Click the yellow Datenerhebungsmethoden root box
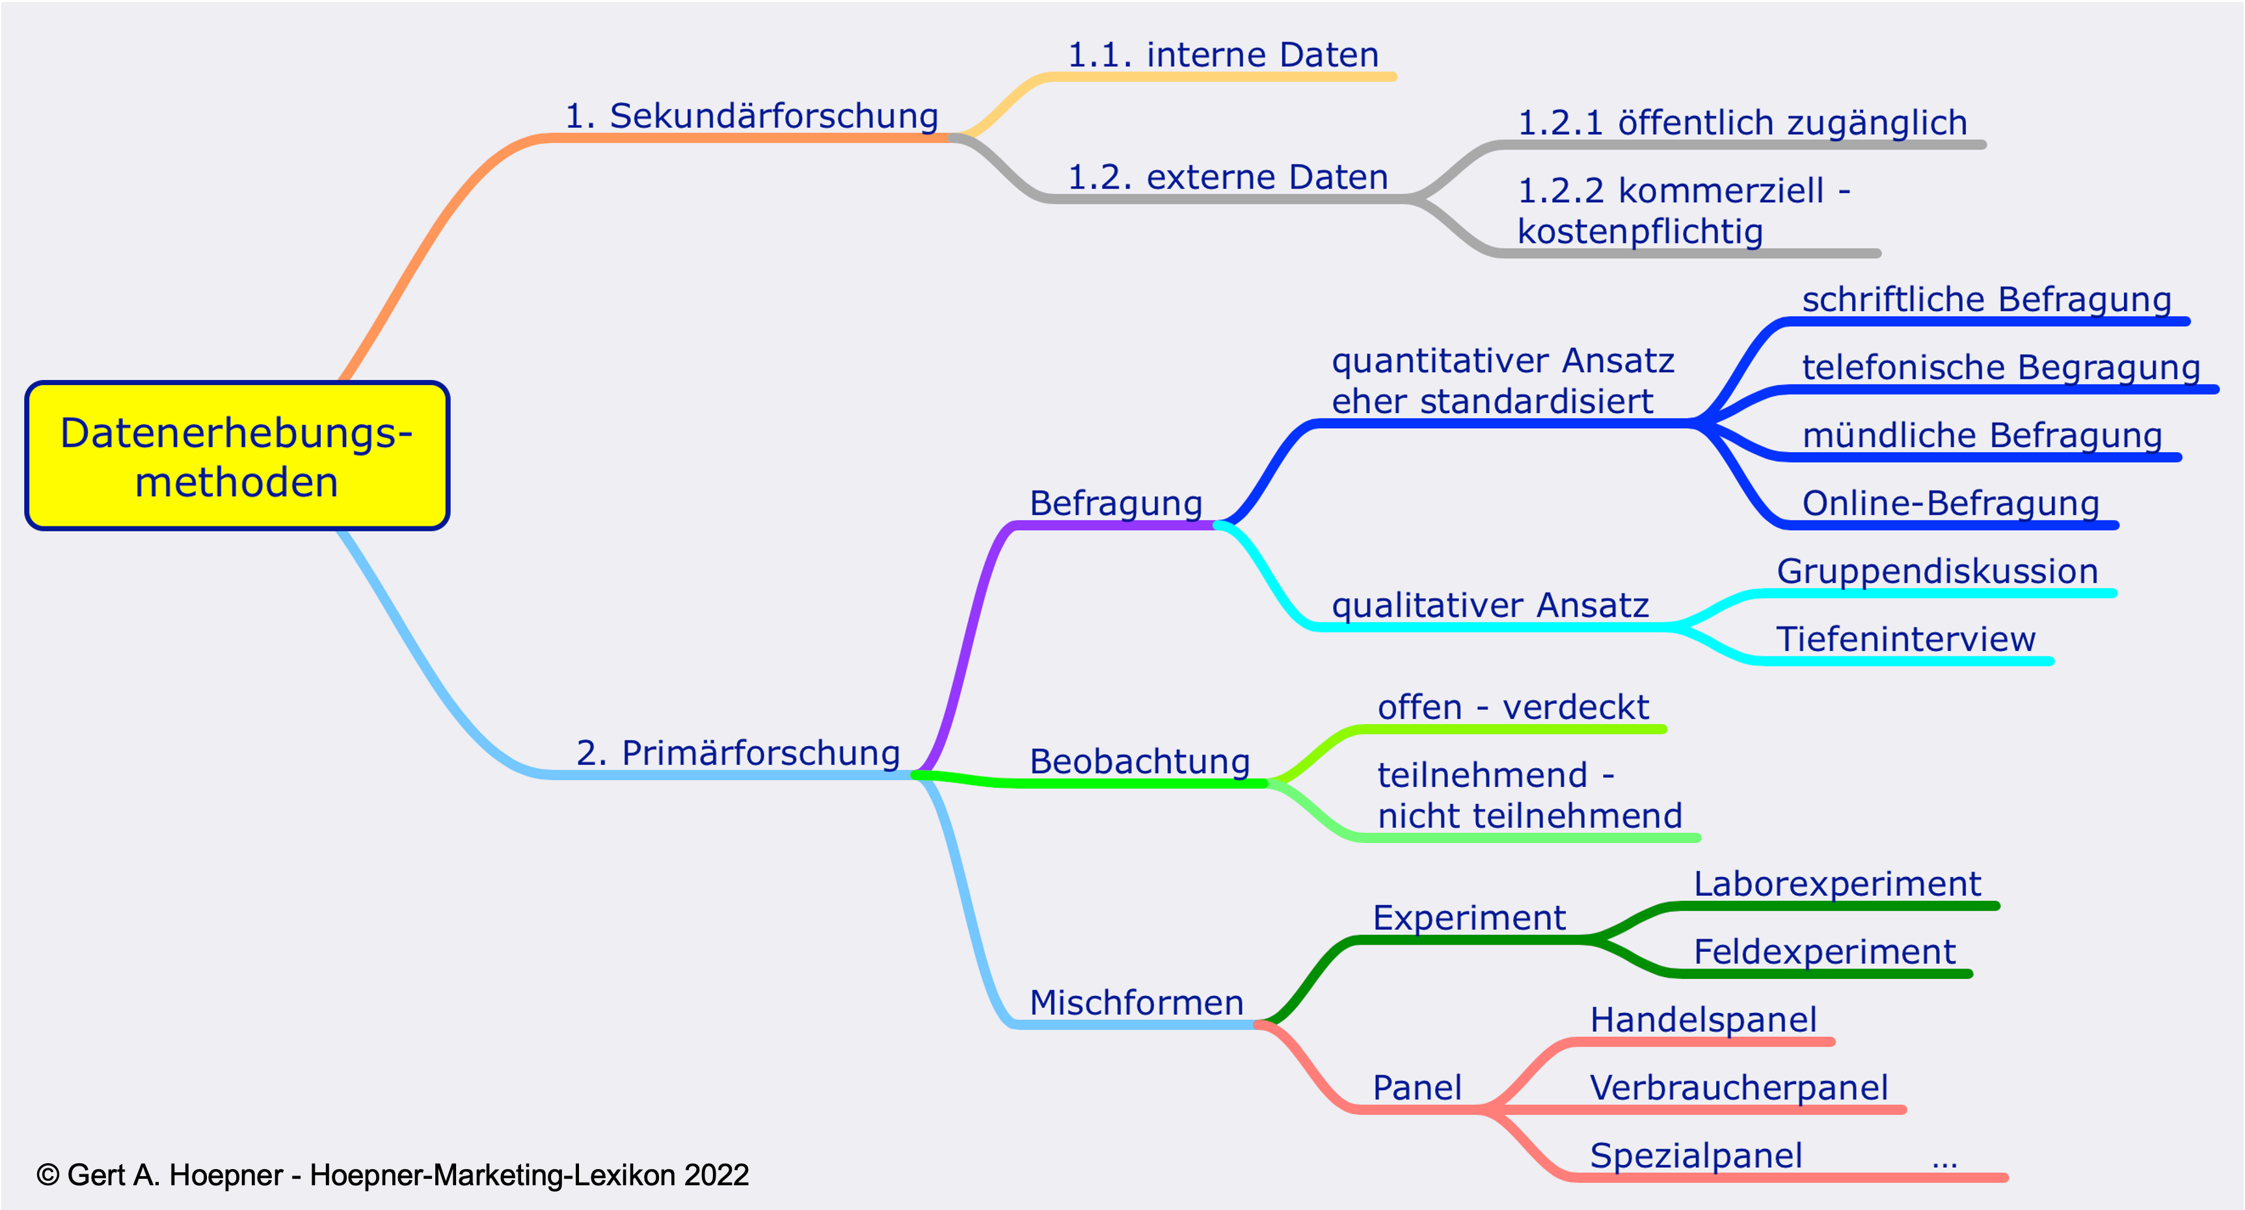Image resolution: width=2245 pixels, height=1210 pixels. [237, 455]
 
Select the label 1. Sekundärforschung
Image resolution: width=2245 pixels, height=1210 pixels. [751, 116]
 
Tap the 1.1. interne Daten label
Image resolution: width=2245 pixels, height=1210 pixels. [1223, 55]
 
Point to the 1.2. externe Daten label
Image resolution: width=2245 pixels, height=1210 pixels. [1227, 177]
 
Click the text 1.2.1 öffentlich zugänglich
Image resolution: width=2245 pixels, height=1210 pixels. [1742, 123]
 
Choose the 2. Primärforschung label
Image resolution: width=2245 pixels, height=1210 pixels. [738, 753]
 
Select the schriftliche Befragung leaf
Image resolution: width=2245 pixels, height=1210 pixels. [1986, 300]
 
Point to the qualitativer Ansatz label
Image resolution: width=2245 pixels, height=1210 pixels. [1490, 606]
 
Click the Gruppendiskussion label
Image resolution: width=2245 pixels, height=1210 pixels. [1937, 572]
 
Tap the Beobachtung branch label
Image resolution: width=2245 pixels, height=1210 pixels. [1140, 762]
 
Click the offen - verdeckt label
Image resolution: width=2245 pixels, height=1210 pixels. [1513, 707]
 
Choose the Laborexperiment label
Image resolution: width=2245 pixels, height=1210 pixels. [1837, 885]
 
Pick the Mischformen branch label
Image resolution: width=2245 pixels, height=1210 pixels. [1136, 1003]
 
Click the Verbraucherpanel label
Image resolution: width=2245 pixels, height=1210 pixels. [1739, 1088]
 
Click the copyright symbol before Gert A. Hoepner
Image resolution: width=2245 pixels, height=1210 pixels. [48, 1175]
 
